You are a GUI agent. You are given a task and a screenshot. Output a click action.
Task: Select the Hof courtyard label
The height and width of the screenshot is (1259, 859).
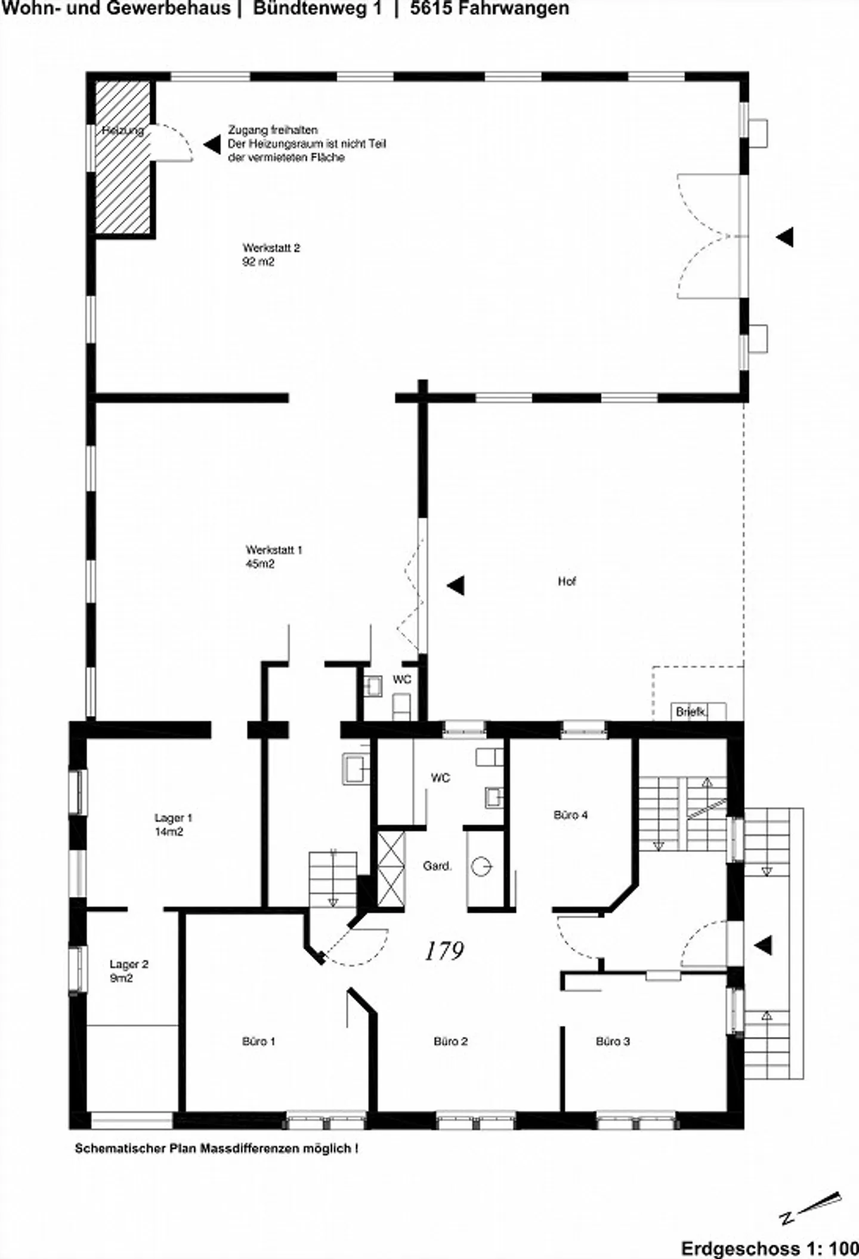567,581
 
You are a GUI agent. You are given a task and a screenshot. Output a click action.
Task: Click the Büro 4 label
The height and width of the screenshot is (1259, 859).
571,814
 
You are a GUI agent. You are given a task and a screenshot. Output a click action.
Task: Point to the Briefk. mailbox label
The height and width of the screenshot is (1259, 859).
691,712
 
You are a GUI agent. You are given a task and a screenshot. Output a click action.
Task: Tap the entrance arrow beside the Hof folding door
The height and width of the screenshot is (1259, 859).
456,585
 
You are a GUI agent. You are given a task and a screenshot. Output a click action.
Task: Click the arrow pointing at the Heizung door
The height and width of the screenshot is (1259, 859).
212,144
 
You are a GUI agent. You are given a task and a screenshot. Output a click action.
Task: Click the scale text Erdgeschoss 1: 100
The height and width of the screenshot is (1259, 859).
770,1248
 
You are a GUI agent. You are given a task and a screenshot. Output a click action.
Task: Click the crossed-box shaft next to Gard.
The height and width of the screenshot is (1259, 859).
391,870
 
